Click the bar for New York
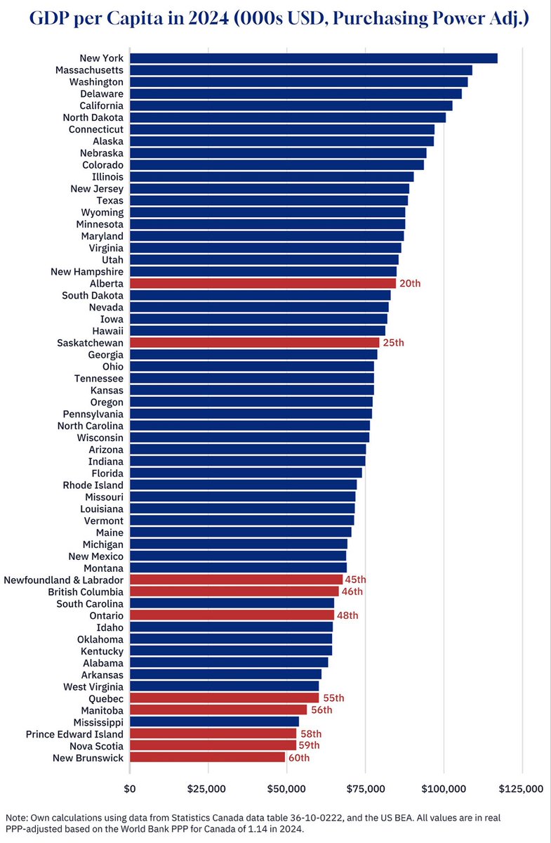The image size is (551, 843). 313,58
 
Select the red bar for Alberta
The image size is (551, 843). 263,283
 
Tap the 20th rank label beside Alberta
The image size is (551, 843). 410,284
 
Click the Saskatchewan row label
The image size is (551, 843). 91,343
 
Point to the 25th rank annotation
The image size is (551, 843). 394,343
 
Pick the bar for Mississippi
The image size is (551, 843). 214,721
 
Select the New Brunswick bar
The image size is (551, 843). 207,757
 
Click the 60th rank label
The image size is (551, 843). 299,758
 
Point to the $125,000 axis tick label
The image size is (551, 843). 521,789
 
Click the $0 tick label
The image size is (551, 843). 130,789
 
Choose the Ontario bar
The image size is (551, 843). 232,615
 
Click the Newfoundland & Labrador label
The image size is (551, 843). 64,580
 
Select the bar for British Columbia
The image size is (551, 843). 234,592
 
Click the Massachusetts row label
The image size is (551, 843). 89,70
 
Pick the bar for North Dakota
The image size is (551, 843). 287,117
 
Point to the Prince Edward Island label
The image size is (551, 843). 74,733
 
